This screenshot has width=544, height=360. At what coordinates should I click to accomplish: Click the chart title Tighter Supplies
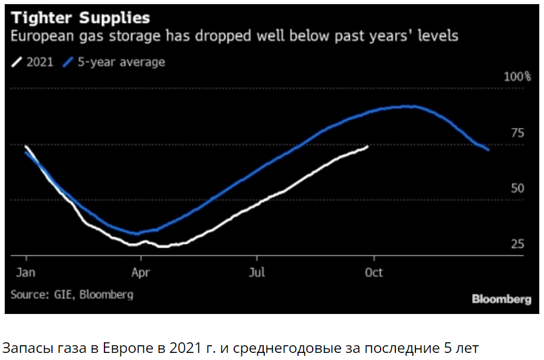tap(81, 17)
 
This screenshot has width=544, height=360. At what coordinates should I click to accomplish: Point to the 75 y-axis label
tap(517, 133)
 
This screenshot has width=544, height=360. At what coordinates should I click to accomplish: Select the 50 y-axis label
tap(517, 188)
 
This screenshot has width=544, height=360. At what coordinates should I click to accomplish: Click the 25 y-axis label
tap(517, 244)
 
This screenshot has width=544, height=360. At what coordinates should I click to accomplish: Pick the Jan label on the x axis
tap(27, 273)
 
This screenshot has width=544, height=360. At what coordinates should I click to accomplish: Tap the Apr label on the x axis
tap(141, 273)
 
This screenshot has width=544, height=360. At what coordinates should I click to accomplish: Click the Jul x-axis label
tap(257, 273)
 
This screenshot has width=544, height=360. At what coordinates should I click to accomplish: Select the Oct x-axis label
tap(373, 273)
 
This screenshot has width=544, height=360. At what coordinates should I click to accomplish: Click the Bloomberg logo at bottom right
tap(502, 299)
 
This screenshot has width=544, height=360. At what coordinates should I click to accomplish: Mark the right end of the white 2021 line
tap(368, 146)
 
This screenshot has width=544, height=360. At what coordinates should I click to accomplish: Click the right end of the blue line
tap(488, 150)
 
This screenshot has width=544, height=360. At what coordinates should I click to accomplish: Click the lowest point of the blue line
tap(137, 234)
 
